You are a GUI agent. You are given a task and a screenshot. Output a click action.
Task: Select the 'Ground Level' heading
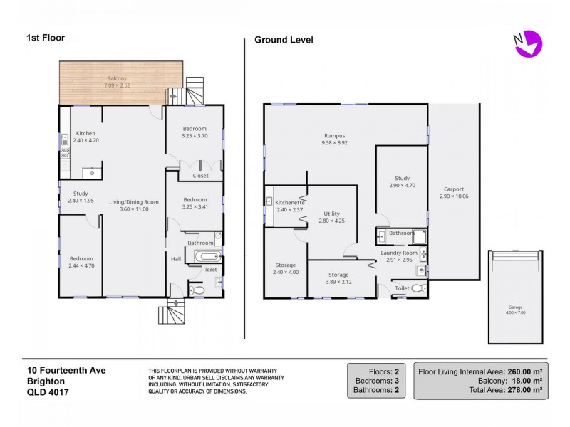(284, 40)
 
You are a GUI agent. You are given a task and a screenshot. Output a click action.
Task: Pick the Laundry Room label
(399, 253)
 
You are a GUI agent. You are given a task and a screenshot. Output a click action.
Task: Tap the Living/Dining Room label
(133, 202)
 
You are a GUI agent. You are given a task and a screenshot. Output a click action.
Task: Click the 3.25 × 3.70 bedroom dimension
(194, 136)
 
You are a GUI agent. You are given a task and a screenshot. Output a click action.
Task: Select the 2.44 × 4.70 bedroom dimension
(81, 265)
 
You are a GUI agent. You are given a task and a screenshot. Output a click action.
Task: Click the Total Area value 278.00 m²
(526, 390)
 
